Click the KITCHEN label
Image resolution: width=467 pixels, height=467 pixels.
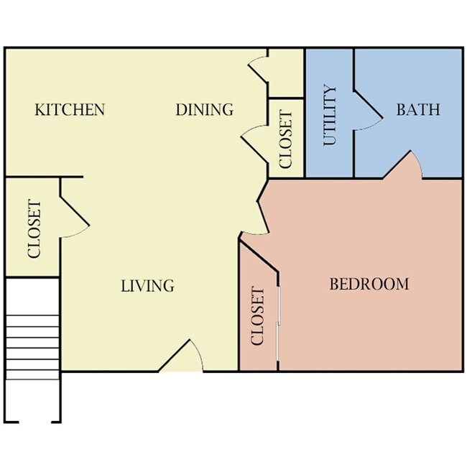click(70, 110)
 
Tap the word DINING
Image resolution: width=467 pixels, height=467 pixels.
click(205, 110)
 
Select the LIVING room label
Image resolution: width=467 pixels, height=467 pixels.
click(147, 286)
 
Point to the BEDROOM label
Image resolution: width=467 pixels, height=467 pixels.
click(369, 284)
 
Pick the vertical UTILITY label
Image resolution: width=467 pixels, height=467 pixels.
click(330, 116)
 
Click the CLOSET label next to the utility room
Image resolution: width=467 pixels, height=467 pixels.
click(286, 139)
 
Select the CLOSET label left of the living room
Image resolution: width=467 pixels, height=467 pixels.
click(34, 229)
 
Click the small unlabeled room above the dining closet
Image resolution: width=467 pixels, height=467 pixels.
click(286, 72)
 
